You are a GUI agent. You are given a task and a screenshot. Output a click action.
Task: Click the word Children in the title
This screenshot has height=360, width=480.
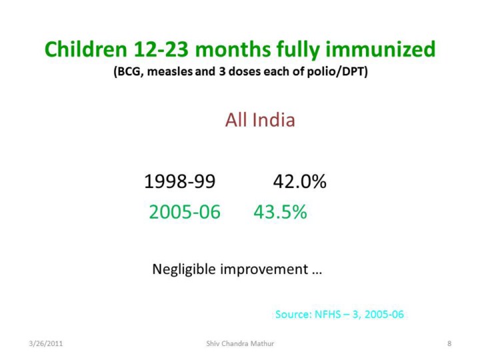[86, 49]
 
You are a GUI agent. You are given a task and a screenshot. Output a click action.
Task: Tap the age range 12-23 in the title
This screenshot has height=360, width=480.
[161, 49]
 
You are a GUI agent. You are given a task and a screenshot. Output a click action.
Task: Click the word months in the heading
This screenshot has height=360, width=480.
[233, 49]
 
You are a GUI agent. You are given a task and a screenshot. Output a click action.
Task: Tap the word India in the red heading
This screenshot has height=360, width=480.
[274, 120]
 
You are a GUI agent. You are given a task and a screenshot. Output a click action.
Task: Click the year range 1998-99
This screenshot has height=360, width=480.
[180, 181]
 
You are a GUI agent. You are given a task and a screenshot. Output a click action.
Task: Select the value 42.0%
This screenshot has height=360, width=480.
[300, 181]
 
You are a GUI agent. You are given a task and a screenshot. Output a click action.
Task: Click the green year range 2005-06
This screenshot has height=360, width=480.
[185, 211]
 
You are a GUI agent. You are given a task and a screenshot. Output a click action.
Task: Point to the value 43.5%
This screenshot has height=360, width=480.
[280, 211]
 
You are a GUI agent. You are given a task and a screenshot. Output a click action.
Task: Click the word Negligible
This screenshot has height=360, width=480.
[184, 270]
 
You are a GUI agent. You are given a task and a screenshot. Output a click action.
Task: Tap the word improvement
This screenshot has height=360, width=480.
[264, 270]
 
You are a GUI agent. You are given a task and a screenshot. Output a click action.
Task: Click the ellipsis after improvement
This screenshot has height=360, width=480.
[317, 273]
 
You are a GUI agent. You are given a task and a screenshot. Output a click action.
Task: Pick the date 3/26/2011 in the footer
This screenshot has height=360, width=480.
[45, 343]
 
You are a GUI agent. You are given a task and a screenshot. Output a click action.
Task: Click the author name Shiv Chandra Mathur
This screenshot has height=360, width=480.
[240, 343]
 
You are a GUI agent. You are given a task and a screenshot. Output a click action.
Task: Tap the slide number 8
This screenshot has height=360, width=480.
[449, 343]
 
